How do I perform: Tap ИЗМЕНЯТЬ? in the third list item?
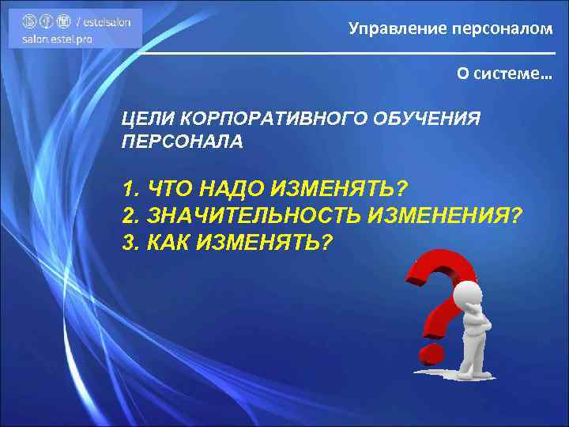point(262,240)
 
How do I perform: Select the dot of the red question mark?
point(431,349)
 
